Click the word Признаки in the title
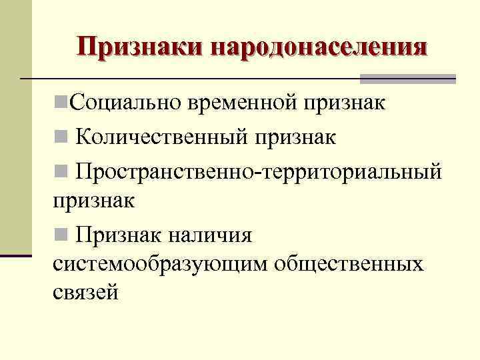tap(141, 47)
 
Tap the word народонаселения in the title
tap(319, 47)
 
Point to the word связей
tap(86, 293)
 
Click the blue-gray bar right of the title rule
tap(407, 79)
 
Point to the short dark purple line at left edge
tap(16, 255)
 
